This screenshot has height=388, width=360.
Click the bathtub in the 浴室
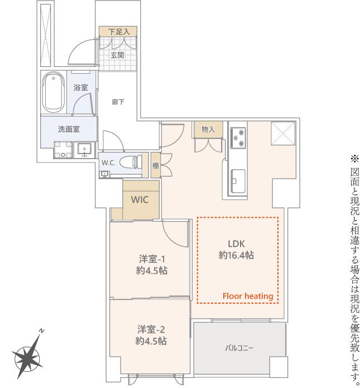click(54, 92)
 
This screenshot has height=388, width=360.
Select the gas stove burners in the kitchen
click(238, 138)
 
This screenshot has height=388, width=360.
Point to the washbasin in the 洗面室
click(84, 150)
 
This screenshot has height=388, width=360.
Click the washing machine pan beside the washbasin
click(63, 150)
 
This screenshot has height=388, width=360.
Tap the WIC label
click(140, 199)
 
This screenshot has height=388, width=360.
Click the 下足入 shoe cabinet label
click(119, 32)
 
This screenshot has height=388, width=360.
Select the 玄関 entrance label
click(117, 55)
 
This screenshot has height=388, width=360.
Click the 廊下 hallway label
click(118, 102)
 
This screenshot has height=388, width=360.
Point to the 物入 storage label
click(208, 129)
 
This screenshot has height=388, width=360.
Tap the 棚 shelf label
click(155, 166)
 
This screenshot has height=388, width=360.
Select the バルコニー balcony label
click(239, 348)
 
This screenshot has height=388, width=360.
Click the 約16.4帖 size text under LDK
click(236, 255)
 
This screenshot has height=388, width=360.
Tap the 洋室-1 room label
click(152, 259)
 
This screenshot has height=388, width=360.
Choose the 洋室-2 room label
click(151, 329)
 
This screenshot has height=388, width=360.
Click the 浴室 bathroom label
click(81, 87)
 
